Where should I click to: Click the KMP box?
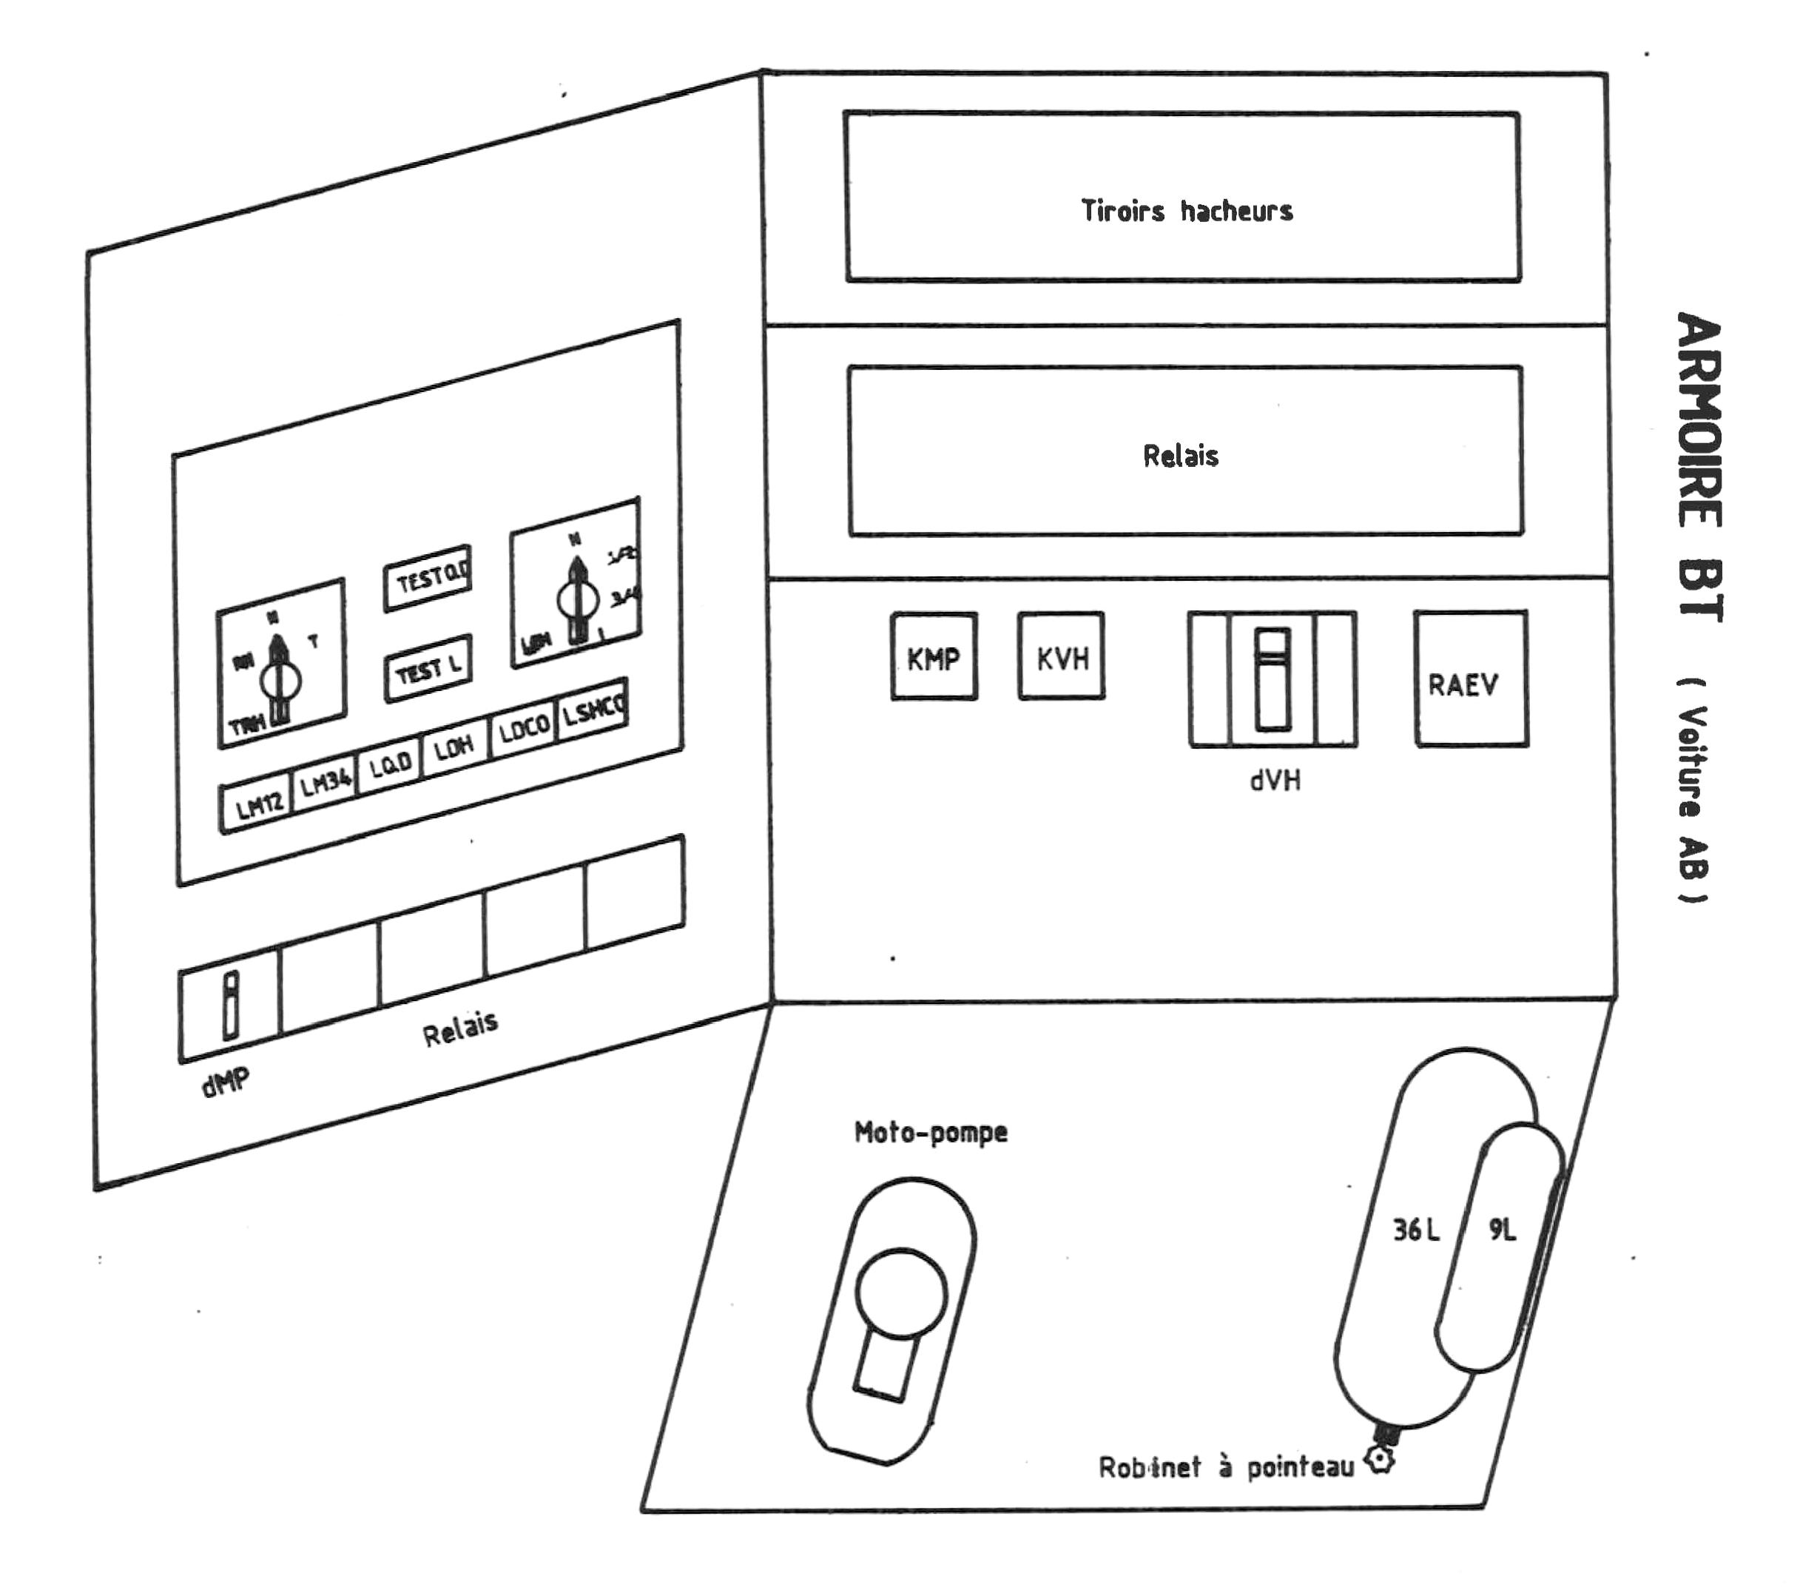pos(934,656)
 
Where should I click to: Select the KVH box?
pos(1061,656)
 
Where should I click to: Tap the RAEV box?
pos(1470,678)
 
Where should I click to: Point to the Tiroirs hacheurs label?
pos(1186,211)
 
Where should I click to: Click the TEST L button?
pos(428,668)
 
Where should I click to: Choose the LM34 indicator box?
pos(325,783)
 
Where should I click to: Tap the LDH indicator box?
pos(454,748)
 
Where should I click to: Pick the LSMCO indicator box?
pos(593,708)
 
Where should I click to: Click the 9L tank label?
pos(1502,1230)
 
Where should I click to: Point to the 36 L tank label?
pos(1416,1230)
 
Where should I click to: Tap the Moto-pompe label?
pos(931,1132)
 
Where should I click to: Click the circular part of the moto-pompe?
pos(900,1292)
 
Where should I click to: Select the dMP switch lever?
pos(231,1005)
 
